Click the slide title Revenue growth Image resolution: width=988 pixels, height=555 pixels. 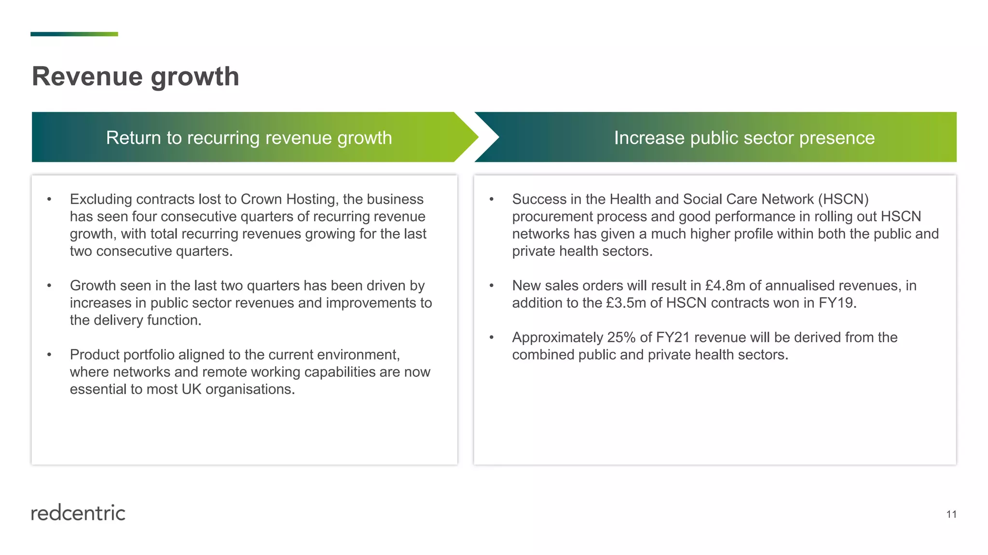(136, 77)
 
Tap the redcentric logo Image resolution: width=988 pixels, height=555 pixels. (78, 513)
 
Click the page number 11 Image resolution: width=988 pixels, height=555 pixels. (951, 515)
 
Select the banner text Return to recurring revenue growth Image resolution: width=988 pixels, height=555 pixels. (249, 138)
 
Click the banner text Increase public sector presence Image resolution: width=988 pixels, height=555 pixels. (744, 138)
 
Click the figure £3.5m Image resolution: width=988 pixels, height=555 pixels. (626, 303)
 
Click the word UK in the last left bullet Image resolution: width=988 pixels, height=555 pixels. (192, 389)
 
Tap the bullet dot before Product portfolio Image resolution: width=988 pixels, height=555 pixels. (49, 355)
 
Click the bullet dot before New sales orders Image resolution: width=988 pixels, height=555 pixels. (492, 286)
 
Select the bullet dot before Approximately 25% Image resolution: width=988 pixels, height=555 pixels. (492, 338)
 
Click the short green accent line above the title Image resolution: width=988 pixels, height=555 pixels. (74, 34)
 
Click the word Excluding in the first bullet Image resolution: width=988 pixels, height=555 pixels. (101, 199)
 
